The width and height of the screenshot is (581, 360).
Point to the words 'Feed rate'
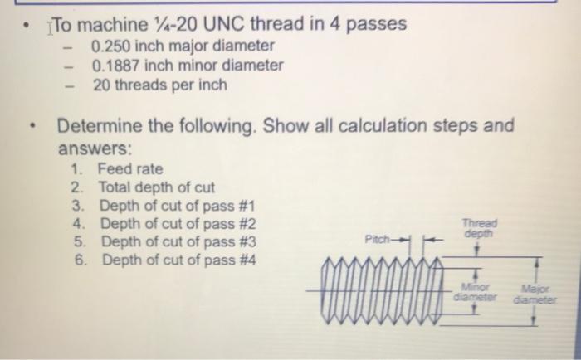click(x=130, y=168)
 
